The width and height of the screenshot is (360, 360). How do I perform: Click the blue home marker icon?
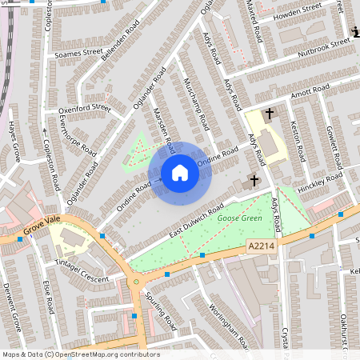(180, 173)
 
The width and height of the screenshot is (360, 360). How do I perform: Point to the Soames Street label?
(78, 54)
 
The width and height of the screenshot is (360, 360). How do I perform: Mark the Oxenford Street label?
(84, 107)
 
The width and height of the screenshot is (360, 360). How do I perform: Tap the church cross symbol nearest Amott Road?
(270, 114)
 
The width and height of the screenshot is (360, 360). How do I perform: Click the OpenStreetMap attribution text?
(80, 354)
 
